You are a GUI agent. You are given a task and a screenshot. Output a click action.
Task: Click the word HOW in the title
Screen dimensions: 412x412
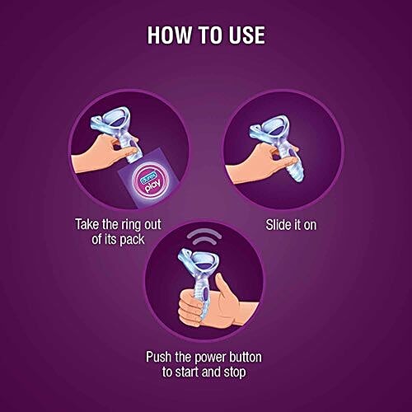pyautogui.click(x=169, y=35)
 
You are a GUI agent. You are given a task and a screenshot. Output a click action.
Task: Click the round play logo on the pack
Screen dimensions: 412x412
pyautogui.click(x=148, y=180)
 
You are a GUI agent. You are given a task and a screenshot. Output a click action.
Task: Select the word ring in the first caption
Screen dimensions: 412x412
pyautogui.click(x=129, y=225)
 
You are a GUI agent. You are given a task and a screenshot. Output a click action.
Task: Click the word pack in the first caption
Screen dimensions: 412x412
pyautogui.click(x=132, y=240)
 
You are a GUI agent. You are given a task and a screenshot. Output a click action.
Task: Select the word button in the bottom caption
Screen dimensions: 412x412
pyautogui.click(x=246, y=357)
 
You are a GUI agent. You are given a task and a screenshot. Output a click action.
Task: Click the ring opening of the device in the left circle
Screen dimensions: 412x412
pyautogui.click(x=115, y=122)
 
